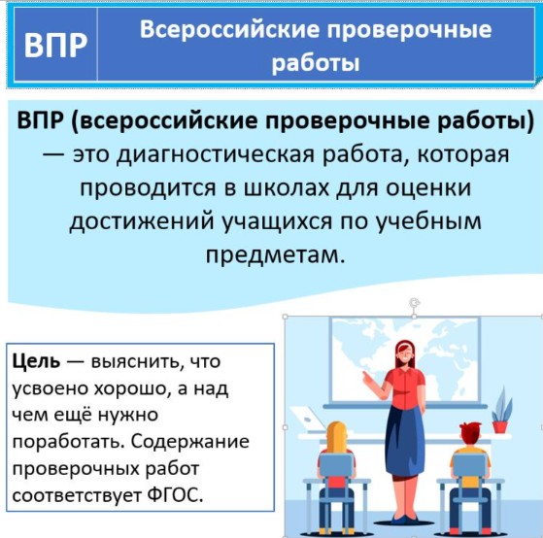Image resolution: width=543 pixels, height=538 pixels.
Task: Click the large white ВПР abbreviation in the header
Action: pyautogui.click(x=55, y=45)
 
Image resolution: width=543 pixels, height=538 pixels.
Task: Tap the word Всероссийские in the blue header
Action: pyautogui.click(x=229, y=29)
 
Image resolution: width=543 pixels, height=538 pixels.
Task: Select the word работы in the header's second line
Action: pyautogui.click(x=316, y=63)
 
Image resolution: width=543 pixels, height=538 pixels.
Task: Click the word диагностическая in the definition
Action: pyautogui.click(x=215, y=154)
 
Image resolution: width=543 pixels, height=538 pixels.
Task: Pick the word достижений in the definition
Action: pyautogui.click(x=142, y=222)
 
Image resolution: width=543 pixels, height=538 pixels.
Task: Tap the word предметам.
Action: pyautogui.click(x=275, y=255)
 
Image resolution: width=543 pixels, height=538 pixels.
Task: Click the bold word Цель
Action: pyautogui.click(x=36, y=362)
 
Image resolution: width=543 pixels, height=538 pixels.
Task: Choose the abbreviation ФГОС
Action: pyautogui.click(x=175, y=495)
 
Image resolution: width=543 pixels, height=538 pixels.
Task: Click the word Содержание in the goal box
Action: pyautogui.click(x=190, y=443)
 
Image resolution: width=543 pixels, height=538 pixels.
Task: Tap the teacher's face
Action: pyautogui.click(x=405, y=355)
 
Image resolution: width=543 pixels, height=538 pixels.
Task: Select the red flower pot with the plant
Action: pyautogui.click(x=499, y=426)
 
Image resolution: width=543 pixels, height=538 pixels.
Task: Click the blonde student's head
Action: pyautogui.click(x=336, y=435)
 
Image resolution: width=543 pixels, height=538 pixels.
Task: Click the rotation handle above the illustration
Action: pyautogui.click(x=415, y=303)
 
